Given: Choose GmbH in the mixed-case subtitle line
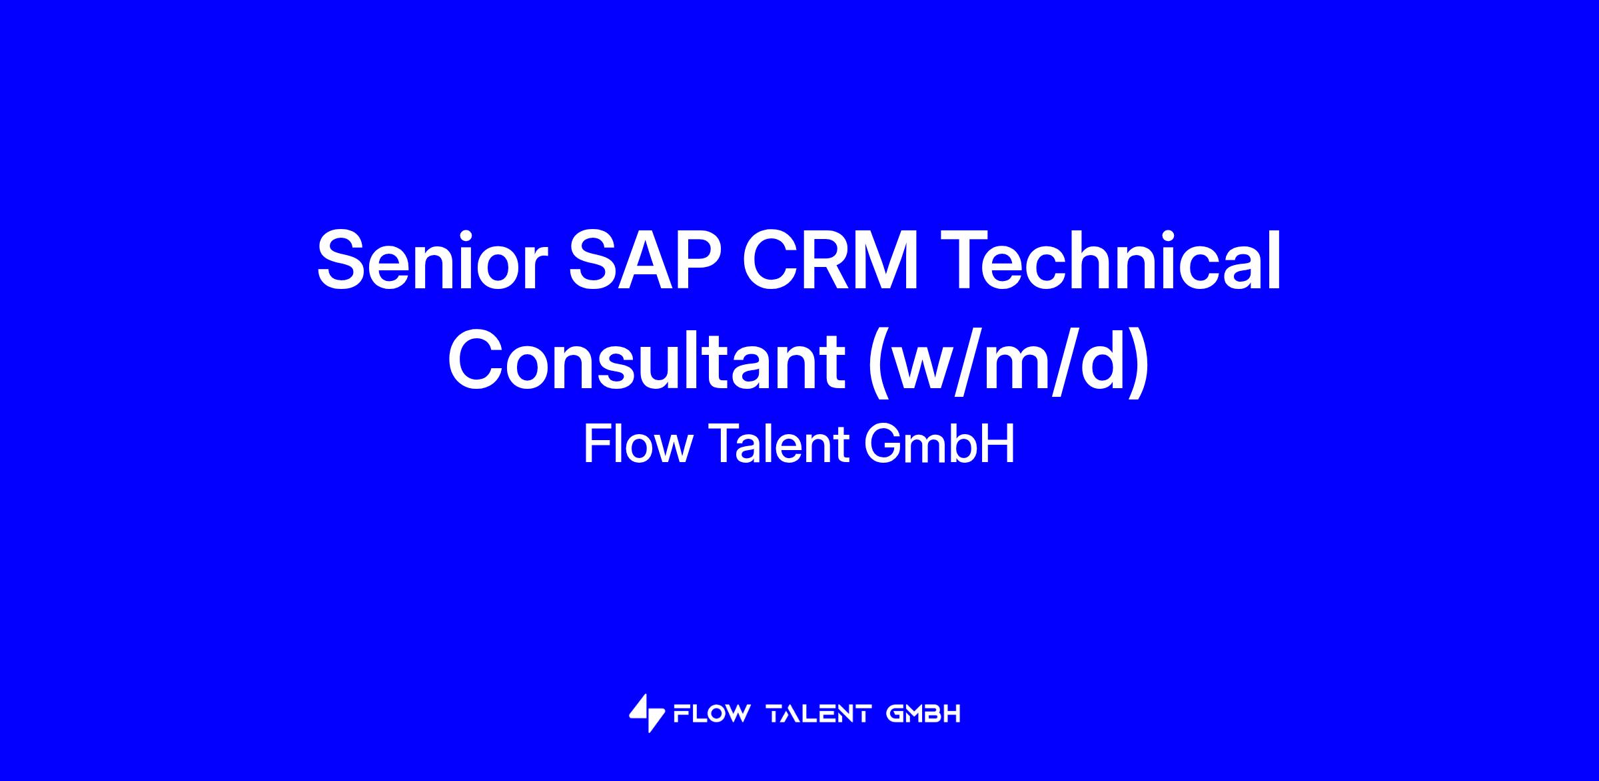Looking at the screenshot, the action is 940,444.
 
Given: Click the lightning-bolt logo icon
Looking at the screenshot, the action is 647,713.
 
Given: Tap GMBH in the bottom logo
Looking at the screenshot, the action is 924,714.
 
